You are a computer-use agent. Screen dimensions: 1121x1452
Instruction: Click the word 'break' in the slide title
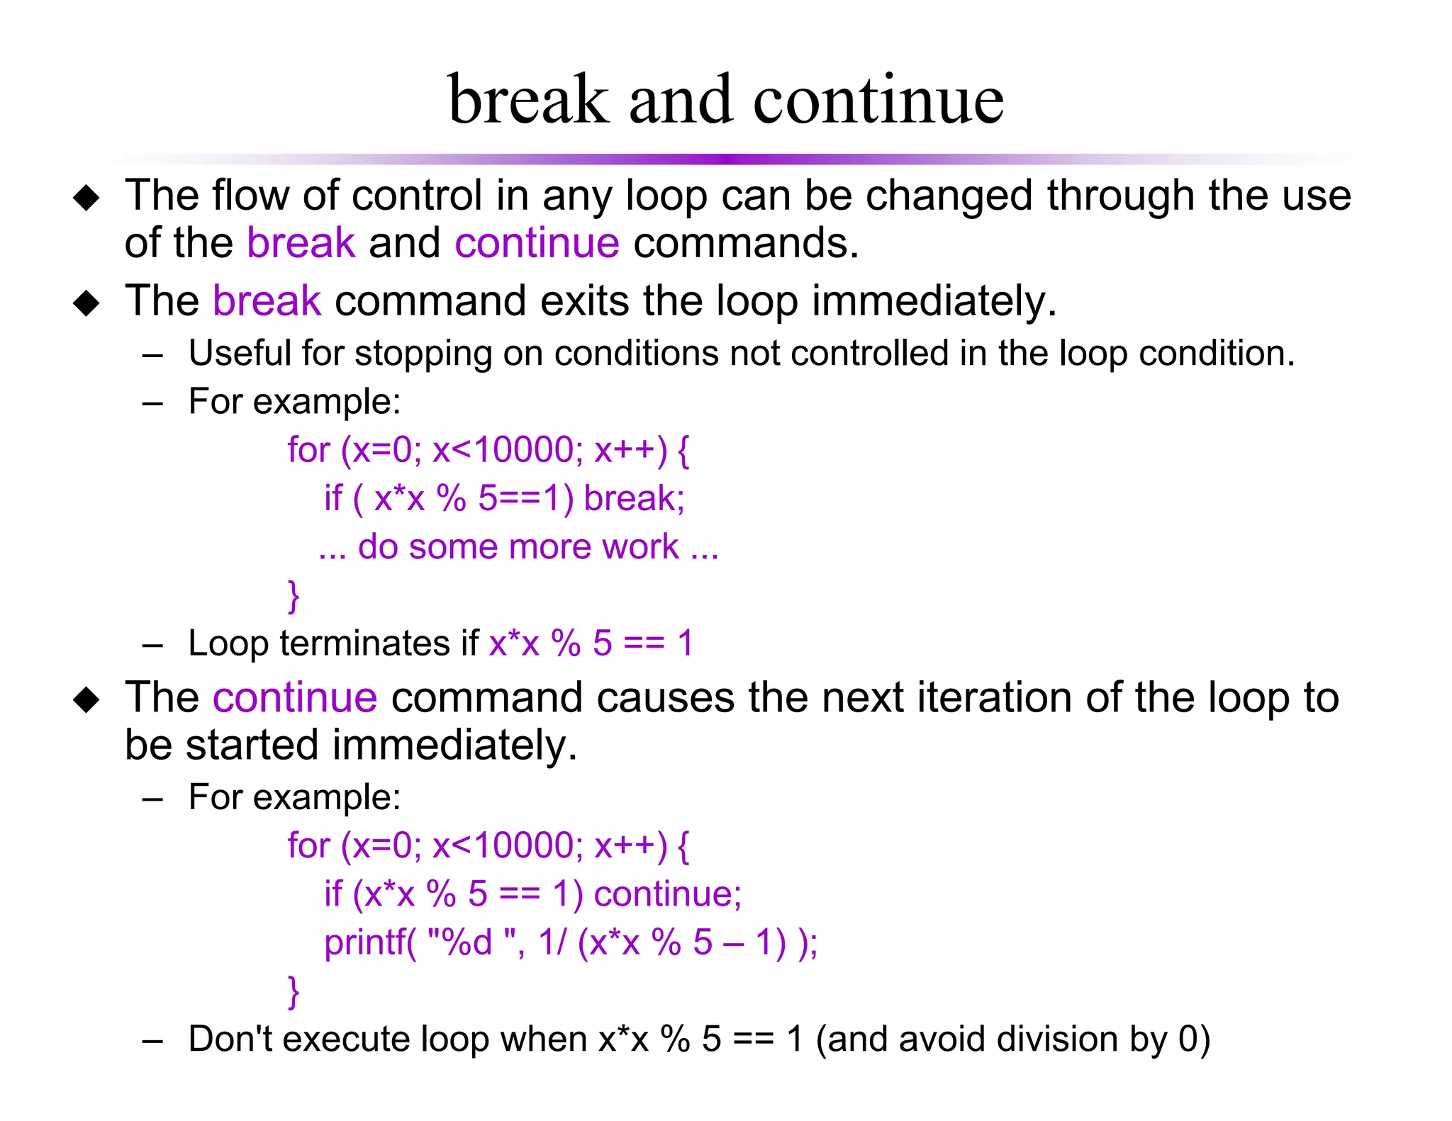[528, 101]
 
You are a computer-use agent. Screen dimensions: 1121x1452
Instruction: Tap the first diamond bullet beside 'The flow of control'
[86, 198]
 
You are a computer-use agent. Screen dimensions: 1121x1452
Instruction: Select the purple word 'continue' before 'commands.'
[537, 243]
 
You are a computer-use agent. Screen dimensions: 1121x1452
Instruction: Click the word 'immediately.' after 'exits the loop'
[934, 301]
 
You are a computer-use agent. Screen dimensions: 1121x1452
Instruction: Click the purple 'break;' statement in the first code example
[634, 498]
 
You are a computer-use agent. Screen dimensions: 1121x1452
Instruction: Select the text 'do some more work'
[518, 547]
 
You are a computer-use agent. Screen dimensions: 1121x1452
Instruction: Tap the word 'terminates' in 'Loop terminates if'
[364, 644]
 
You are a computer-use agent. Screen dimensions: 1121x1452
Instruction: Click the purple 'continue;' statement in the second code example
[667, 894]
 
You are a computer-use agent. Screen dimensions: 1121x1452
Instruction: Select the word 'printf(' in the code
[370, 942]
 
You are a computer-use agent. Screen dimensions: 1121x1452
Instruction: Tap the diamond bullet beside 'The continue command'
[86, 700]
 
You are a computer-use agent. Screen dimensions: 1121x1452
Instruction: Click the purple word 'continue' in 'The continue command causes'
[295, 698]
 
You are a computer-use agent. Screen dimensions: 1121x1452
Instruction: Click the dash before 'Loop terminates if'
[152, 646]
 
